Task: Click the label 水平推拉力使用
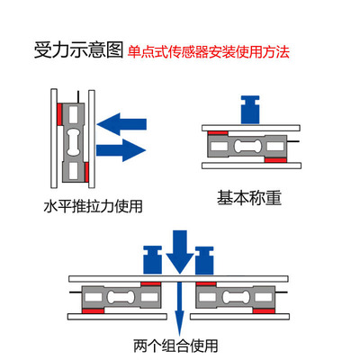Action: (94, 205)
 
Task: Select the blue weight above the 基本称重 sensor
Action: (250, 110)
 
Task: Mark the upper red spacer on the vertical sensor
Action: (60, 113)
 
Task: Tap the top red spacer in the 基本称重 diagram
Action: (219, 130)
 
